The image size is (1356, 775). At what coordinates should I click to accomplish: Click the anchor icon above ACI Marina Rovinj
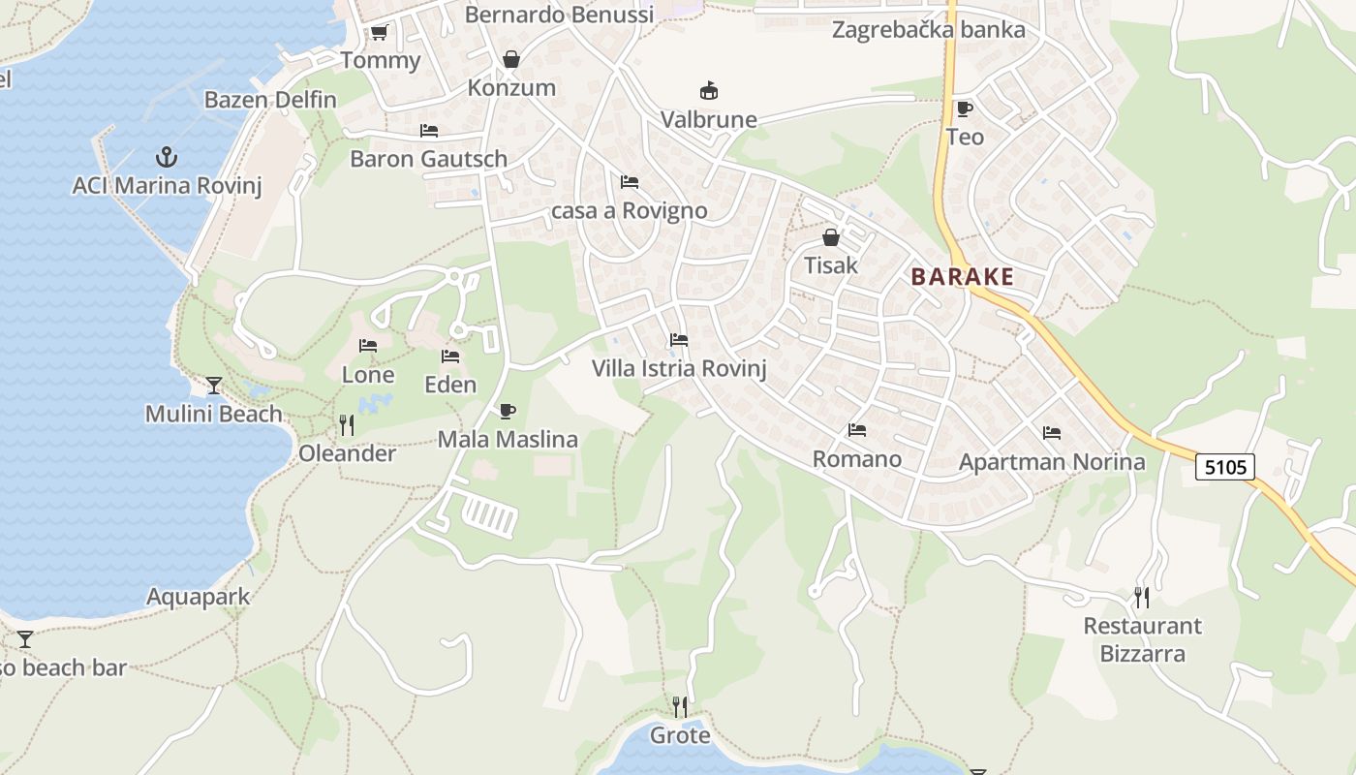pyautogui.click(x=167, y=156)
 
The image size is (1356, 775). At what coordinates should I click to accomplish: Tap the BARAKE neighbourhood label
pyautogui.click(x=962, y=277)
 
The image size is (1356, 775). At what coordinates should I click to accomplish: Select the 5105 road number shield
pyautogui.click(x=1224, y=467)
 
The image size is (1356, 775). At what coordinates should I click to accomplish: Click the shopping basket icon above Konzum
pyautogui.click(x=511, y=59)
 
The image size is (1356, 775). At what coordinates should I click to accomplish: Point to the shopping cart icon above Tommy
pyautogui.click(x=379, y=33)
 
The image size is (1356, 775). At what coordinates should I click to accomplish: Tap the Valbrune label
pyautogui.click(x=708, y=119)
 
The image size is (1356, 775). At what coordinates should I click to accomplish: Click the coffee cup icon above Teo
pyautogui.click(x=964, y=108)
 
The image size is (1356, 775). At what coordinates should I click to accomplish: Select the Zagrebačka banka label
pyautogui.click(x=928, y=30)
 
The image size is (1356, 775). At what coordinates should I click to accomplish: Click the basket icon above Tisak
pyautogui.click(x=831, y=236)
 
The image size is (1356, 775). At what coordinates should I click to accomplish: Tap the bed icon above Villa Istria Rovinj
pyautogui.click(x=679, y=340)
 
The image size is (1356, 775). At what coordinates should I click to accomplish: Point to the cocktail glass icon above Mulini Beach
pyautogui.click(x=214, y=386)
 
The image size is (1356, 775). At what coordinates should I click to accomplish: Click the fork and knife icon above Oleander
pyautogui.click(x=346, y=424)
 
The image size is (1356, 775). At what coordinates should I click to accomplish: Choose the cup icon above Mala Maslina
pyautogui.click(x=507, y=411)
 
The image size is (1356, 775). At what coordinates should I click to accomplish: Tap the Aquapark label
pyautogui.click(x=198, y=597)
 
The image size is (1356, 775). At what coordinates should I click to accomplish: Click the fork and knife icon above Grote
pyautogui.click(x=680, y=706)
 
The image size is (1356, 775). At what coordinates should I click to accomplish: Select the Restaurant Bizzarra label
pyautogui.click(x=1142, y=639)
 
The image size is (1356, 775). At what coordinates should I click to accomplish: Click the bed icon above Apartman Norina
pyautogui.click(x=1052, y=433)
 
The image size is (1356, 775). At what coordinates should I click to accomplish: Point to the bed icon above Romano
pyautogui.click(x=856, y=430)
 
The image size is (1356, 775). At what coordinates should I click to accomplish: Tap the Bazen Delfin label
pyautogui.click(x=270, y=100)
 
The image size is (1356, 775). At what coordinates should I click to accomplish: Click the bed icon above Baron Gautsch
pyautogui.click(x=428, y=130)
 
